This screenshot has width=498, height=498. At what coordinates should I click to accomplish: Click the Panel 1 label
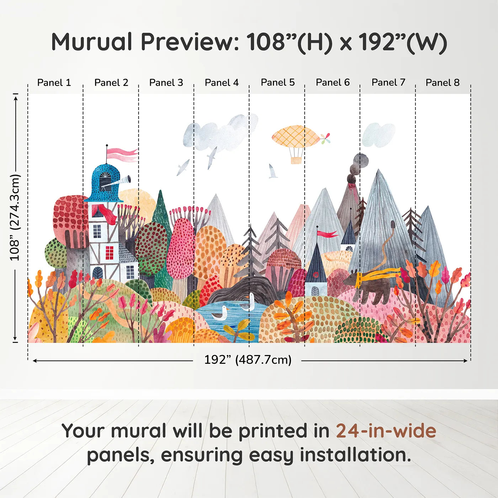pos(54,83)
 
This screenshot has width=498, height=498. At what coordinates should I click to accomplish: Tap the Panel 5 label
pos(277,83)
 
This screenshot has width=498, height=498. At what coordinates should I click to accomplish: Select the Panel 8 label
pos(443,83)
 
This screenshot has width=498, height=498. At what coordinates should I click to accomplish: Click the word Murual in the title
pos(92,42)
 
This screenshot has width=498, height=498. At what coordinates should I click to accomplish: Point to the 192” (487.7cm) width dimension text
pos(248,360)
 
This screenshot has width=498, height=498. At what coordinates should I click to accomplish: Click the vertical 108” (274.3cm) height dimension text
pos(15,217)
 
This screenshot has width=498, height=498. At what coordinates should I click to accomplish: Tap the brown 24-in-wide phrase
pos(386,431)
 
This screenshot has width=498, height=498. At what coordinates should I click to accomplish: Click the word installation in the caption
pos(355,455)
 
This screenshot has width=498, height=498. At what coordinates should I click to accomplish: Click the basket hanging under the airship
pos(296,160)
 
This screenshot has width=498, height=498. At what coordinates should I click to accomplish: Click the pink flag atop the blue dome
pos(122,155)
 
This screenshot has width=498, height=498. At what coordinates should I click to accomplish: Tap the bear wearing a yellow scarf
pos(372,287)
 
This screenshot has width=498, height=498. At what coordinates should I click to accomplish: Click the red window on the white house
pos(110,253)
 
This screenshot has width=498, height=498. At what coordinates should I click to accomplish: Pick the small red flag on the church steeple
pos(327,234)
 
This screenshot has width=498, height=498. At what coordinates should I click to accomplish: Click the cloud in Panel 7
pos(378,135)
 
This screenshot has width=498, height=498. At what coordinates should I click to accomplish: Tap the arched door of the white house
pos(97,273)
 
